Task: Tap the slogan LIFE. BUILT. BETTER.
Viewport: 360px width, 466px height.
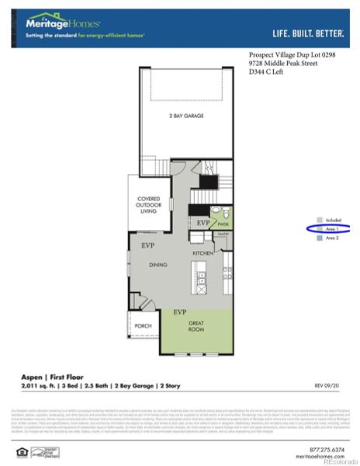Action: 310,33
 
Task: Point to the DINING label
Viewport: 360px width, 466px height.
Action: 158,265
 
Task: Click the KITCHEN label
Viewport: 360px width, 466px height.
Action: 202,253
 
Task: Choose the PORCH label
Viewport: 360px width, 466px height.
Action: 143,326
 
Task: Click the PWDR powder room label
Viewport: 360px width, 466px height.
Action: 222,224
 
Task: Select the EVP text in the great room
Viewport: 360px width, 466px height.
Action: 180,311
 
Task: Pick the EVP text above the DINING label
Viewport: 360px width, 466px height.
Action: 147,245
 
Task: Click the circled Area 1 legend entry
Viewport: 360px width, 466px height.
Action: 332,229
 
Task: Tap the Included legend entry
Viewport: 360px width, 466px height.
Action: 333,220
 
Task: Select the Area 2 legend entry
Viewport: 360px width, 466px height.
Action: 332,238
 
